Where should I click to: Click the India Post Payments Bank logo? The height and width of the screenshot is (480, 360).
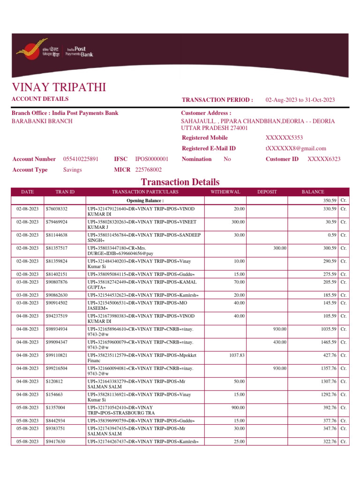point(54,51)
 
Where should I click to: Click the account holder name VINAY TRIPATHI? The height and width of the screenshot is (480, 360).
point(59,87)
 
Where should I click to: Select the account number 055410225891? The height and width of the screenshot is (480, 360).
point(81,159)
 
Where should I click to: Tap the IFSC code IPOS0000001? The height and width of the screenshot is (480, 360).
point(152,159)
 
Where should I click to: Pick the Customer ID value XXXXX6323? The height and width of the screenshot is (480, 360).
point(324,159)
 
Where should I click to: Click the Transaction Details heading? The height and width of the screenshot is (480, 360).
point(180,182)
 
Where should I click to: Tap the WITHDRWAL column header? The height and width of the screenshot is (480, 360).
point(225,192)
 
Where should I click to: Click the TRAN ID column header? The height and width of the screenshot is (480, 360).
point(65,192)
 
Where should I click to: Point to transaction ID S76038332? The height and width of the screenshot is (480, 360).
point(56,209)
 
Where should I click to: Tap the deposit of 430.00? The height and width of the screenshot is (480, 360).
point(280,343)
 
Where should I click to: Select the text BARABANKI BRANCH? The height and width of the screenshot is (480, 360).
point(42,121)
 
